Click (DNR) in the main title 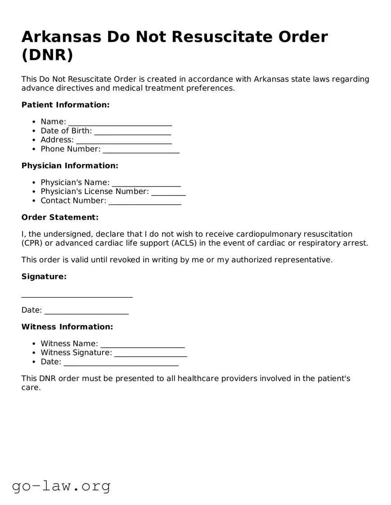(47, 55)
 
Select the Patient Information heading (65, 105)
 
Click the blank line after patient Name (120, 122)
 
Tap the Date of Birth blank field (132, 131)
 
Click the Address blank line (124, 140)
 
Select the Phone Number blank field (141, 149)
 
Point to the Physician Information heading (70, 166)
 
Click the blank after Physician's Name (146, 183)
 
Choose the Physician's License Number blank (168, 192)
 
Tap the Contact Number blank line (145, 201)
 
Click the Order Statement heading (60, 217)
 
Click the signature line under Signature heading (77, 295)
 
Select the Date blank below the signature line (86, 310)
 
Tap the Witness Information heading (67, 327)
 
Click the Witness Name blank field (142, 344)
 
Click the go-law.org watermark (61, 486)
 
